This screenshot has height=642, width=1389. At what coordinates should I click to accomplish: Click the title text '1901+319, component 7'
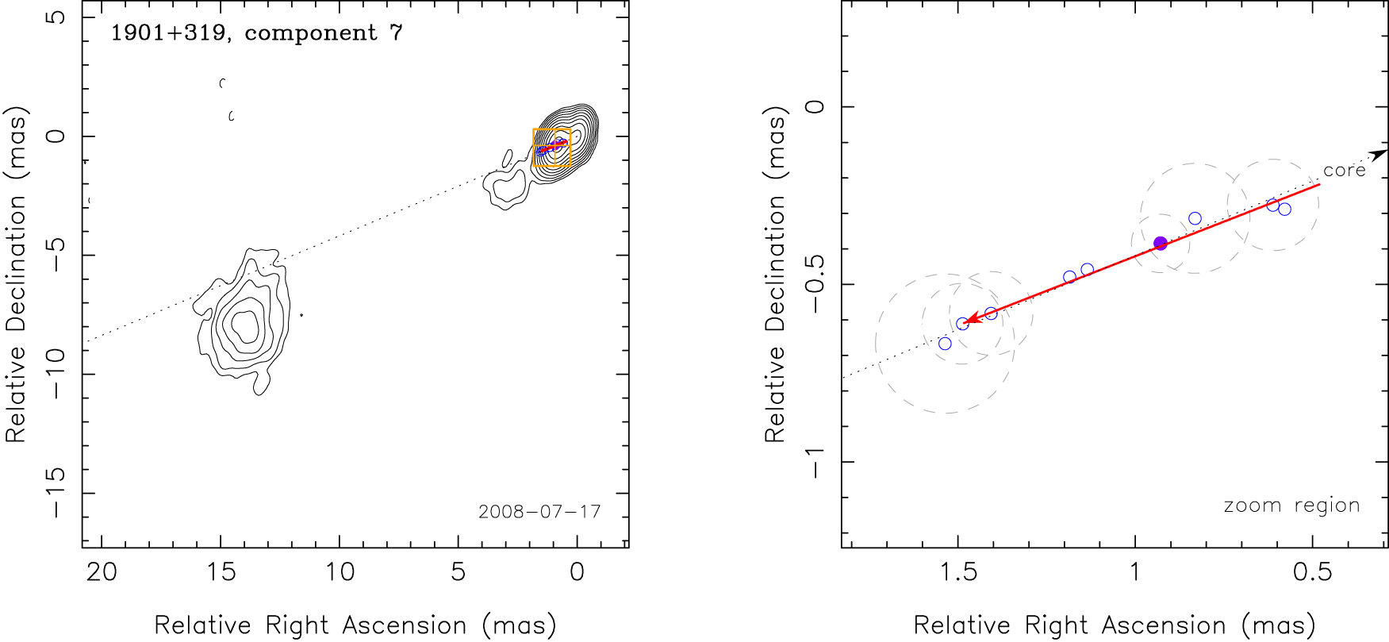click(256, 33)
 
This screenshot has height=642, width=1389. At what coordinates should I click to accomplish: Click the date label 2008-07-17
click(539, 512)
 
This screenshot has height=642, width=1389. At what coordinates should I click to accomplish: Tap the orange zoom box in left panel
click(551, 147)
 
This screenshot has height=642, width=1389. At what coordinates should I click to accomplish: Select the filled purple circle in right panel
click(1161, 244)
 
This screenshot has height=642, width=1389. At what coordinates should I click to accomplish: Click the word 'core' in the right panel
click(1344, 171)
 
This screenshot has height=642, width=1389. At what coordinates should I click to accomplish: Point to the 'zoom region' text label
click(1291, 506)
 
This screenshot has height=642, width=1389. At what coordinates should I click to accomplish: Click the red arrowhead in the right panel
click(969, 320)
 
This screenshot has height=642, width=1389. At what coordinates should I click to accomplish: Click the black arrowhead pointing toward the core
click(1380, 154)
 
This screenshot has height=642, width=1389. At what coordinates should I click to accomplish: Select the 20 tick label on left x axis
click(102, 572)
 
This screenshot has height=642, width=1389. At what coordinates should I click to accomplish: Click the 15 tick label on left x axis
click(221, 572)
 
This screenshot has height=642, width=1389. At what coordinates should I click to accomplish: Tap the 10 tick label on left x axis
click(340, 572)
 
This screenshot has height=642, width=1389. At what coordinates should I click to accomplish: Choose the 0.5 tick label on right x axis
click(1312, 572)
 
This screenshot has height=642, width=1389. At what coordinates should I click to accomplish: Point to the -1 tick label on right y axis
click(815, 462)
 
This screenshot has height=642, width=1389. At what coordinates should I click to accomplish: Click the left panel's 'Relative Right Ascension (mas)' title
click(355, 625)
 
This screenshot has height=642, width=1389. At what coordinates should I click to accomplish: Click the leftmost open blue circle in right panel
click(945, 344)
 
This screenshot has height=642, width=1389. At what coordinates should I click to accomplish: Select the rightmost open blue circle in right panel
click(1284, 210)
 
